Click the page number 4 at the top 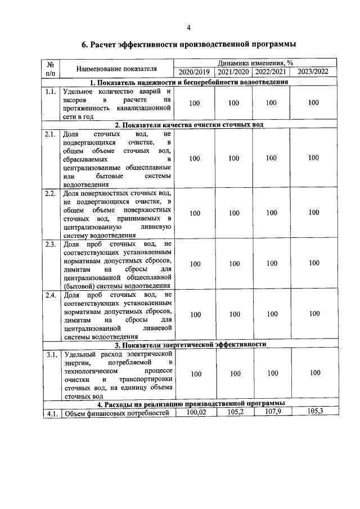point(189,28)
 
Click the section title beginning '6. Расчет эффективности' point(189,44)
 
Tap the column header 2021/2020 point(233,72)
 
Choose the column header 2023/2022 point(313,72)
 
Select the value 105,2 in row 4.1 point(234,412)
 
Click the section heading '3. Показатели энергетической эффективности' point(190,345)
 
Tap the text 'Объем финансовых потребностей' point(116,415)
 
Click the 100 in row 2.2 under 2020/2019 point(195,213)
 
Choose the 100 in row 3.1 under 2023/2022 point(314,373)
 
